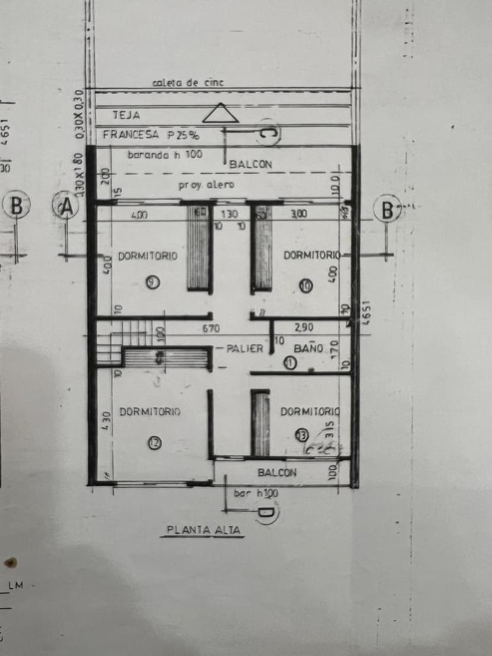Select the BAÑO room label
[308, 348]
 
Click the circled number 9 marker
[152, 283]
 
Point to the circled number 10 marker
[305, 286]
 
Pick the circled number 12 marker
[154, 441]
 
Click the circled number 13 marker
[302, 436]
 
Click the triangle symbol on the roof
[220, 113]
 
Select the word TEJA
[126, 115]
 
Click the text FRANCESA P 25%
[151, 135]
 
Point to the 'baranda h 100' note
[165, 154]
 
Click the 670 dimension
[211, 328]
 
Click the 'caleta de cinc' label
[188, 83]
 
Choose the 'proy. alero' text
[206, 185]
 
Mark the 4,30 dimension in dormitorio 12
[105, 417]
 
